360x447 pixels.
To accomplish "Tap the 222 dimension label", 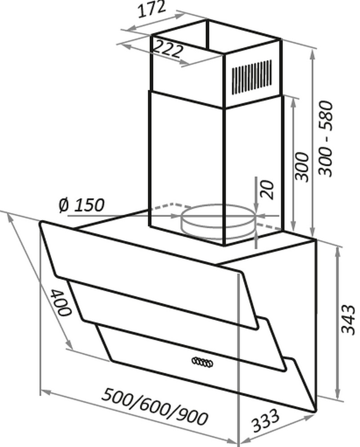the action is (168, 49).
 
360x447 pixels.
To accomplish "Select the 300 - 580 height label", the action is (326, 139).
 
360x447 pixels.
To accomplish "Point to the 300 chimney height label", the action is (302, 167).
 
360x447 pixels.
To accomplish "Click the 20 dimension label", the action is (267, 190).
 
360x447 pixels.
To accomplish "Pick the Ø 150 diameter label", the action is (82, 205).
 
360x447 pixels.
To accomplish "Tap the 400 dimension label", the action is (60, 303).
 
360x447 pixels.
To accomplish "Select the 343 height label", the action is (348, 320).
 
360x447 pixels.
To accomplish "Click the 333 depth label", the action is (265, 420).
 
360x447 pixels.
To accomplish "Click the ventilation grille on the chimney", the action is (251, 77).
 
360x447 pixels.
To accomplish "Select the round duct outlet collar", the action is (218, 221).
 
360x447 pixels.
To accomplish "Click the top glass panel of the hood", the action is (149, 275).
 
